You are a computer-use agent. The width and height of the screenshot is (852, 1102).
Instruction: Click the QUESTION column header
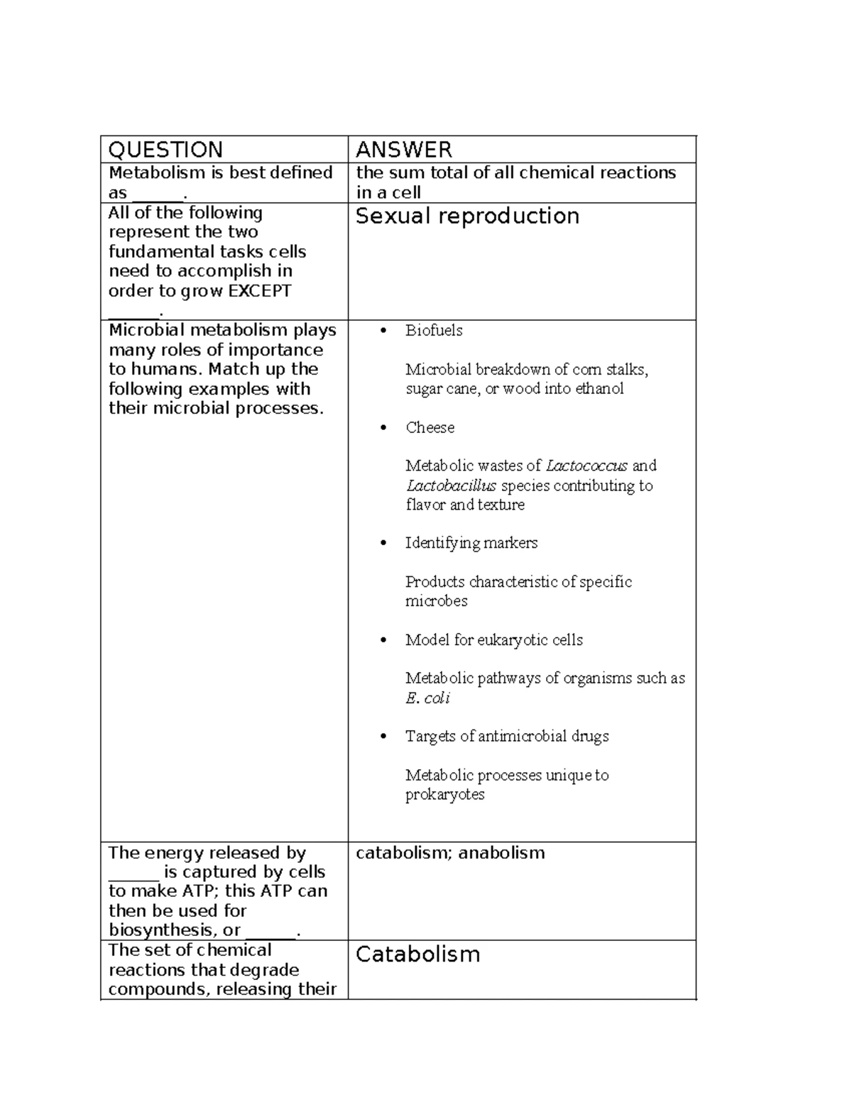[x=165, y=150]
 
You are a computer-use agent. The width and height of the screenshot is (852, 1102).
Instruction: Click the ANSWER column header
[x=403, y=150]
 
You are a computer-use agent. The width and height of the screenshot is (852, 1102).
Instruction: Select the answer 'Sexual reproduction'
[x=467, y=216]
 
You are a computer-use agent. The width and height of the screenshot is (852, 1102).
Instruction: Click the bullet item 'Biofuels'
[x=434, y=330]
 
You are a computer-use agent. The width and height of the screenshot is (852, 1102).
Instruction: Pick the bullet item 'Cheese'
[x=430, y=427]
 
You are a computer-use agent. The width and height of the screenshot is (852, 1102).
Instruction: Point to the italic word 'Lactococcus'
[x=586, y=465]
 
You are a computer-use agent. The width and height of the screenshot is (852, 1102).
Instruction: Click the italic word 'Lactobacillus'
[x=451, y=485]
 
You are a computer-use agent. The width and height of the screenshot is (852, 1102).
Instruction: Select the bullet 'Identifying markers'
[x=471, y=543]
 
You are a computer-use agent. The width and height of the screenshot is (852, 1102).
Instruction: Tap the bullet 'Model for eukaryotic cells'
[x=493, y=640]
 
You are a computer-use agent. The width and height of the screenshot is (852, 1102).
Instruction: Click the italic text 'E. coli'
[x=427, y=698]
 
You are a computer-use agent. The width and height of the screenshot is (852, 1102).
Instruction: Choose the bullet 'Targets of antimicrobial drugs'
[x=507, y=737]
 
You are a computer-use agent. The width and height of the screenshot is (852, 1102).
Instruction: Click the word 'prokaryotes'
[x=444, y=795]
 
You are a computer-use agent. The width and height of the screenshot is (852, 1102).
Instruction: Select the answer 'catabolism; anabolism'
[x=450, y=852]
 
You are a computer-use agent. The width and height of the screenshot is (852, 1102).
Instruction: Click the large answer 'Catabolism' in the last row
[x=417, y=954]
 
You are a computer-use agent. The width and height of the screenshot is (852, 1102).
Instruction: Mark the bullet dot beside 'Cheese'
[x=384, y=428]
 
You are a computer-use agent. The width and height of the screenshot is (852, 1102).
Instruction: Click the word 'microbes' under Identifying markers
[x=436, y=601]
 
